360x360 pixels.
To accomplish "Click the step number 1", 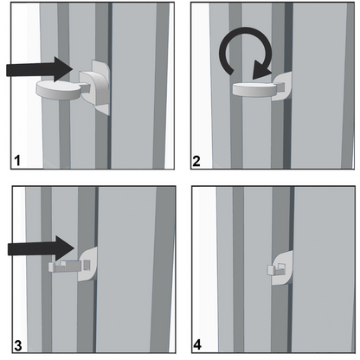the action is [17, 160].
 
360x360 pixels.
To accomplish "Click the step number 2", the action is [196, 161].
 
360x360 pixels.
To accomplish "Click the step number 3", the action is [18, 345].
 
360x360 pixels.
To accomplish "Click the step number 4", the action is [197, 345].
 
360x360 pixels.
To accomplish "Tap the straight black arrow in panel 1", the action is [39, 69].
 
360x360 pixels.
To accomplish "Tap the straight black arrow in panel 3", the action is [42, 248].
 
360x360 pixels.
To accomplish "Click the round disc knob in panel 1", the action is [59, 90].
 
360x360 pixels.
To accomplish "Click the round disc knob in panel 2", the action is [254, 88].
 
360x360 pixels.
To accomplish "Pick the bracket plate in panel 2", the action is [282, 86].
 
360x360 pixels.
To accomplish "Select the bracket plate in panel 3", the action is [87, 264].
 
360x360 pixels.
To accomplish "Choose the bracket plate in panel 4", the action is [283, 268].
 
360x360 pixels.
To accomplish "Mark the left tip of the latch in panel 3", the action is [48, 267].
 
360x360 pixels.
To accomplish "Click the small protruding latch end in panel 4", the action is [271, 270].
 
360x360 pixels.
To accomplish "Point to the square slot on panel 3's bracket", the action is [87, 264].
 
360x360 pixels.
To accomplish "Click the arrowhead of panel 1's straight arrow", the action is [63, 69].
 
